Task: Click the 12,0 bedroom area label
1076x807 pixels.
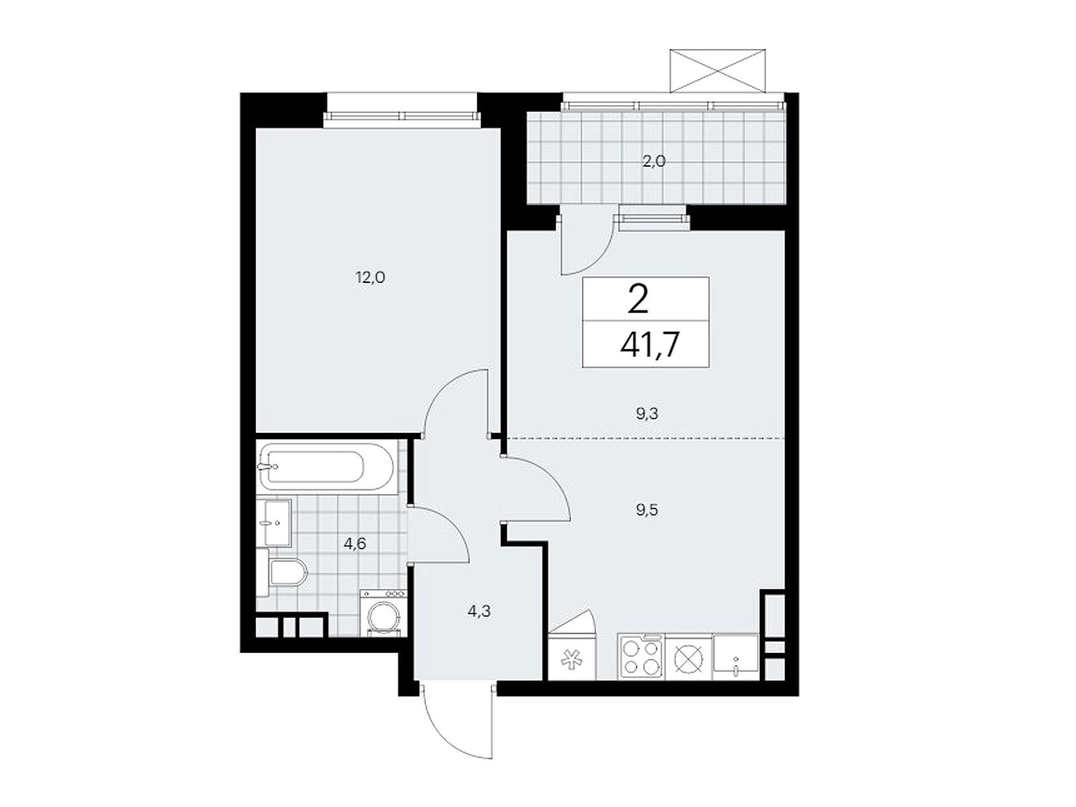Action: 370,278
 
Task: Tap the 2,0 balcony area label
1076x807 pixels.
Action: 654,161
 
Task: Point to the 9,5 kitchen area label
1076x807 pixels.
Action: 646,510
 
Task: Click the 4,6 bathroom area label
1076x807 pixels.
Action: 355,543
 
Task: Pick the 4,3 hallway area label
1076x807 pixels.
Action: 479,611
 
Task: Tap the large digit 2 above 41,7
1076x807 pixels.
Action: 638,299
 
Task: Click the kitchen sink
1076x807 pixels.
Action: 735,656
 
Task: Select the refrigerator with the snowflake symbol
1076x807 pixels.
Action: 572,656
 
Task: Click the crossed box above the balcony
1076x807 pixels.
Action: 717,71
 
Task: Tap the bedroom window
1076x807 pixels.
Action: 401,116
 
